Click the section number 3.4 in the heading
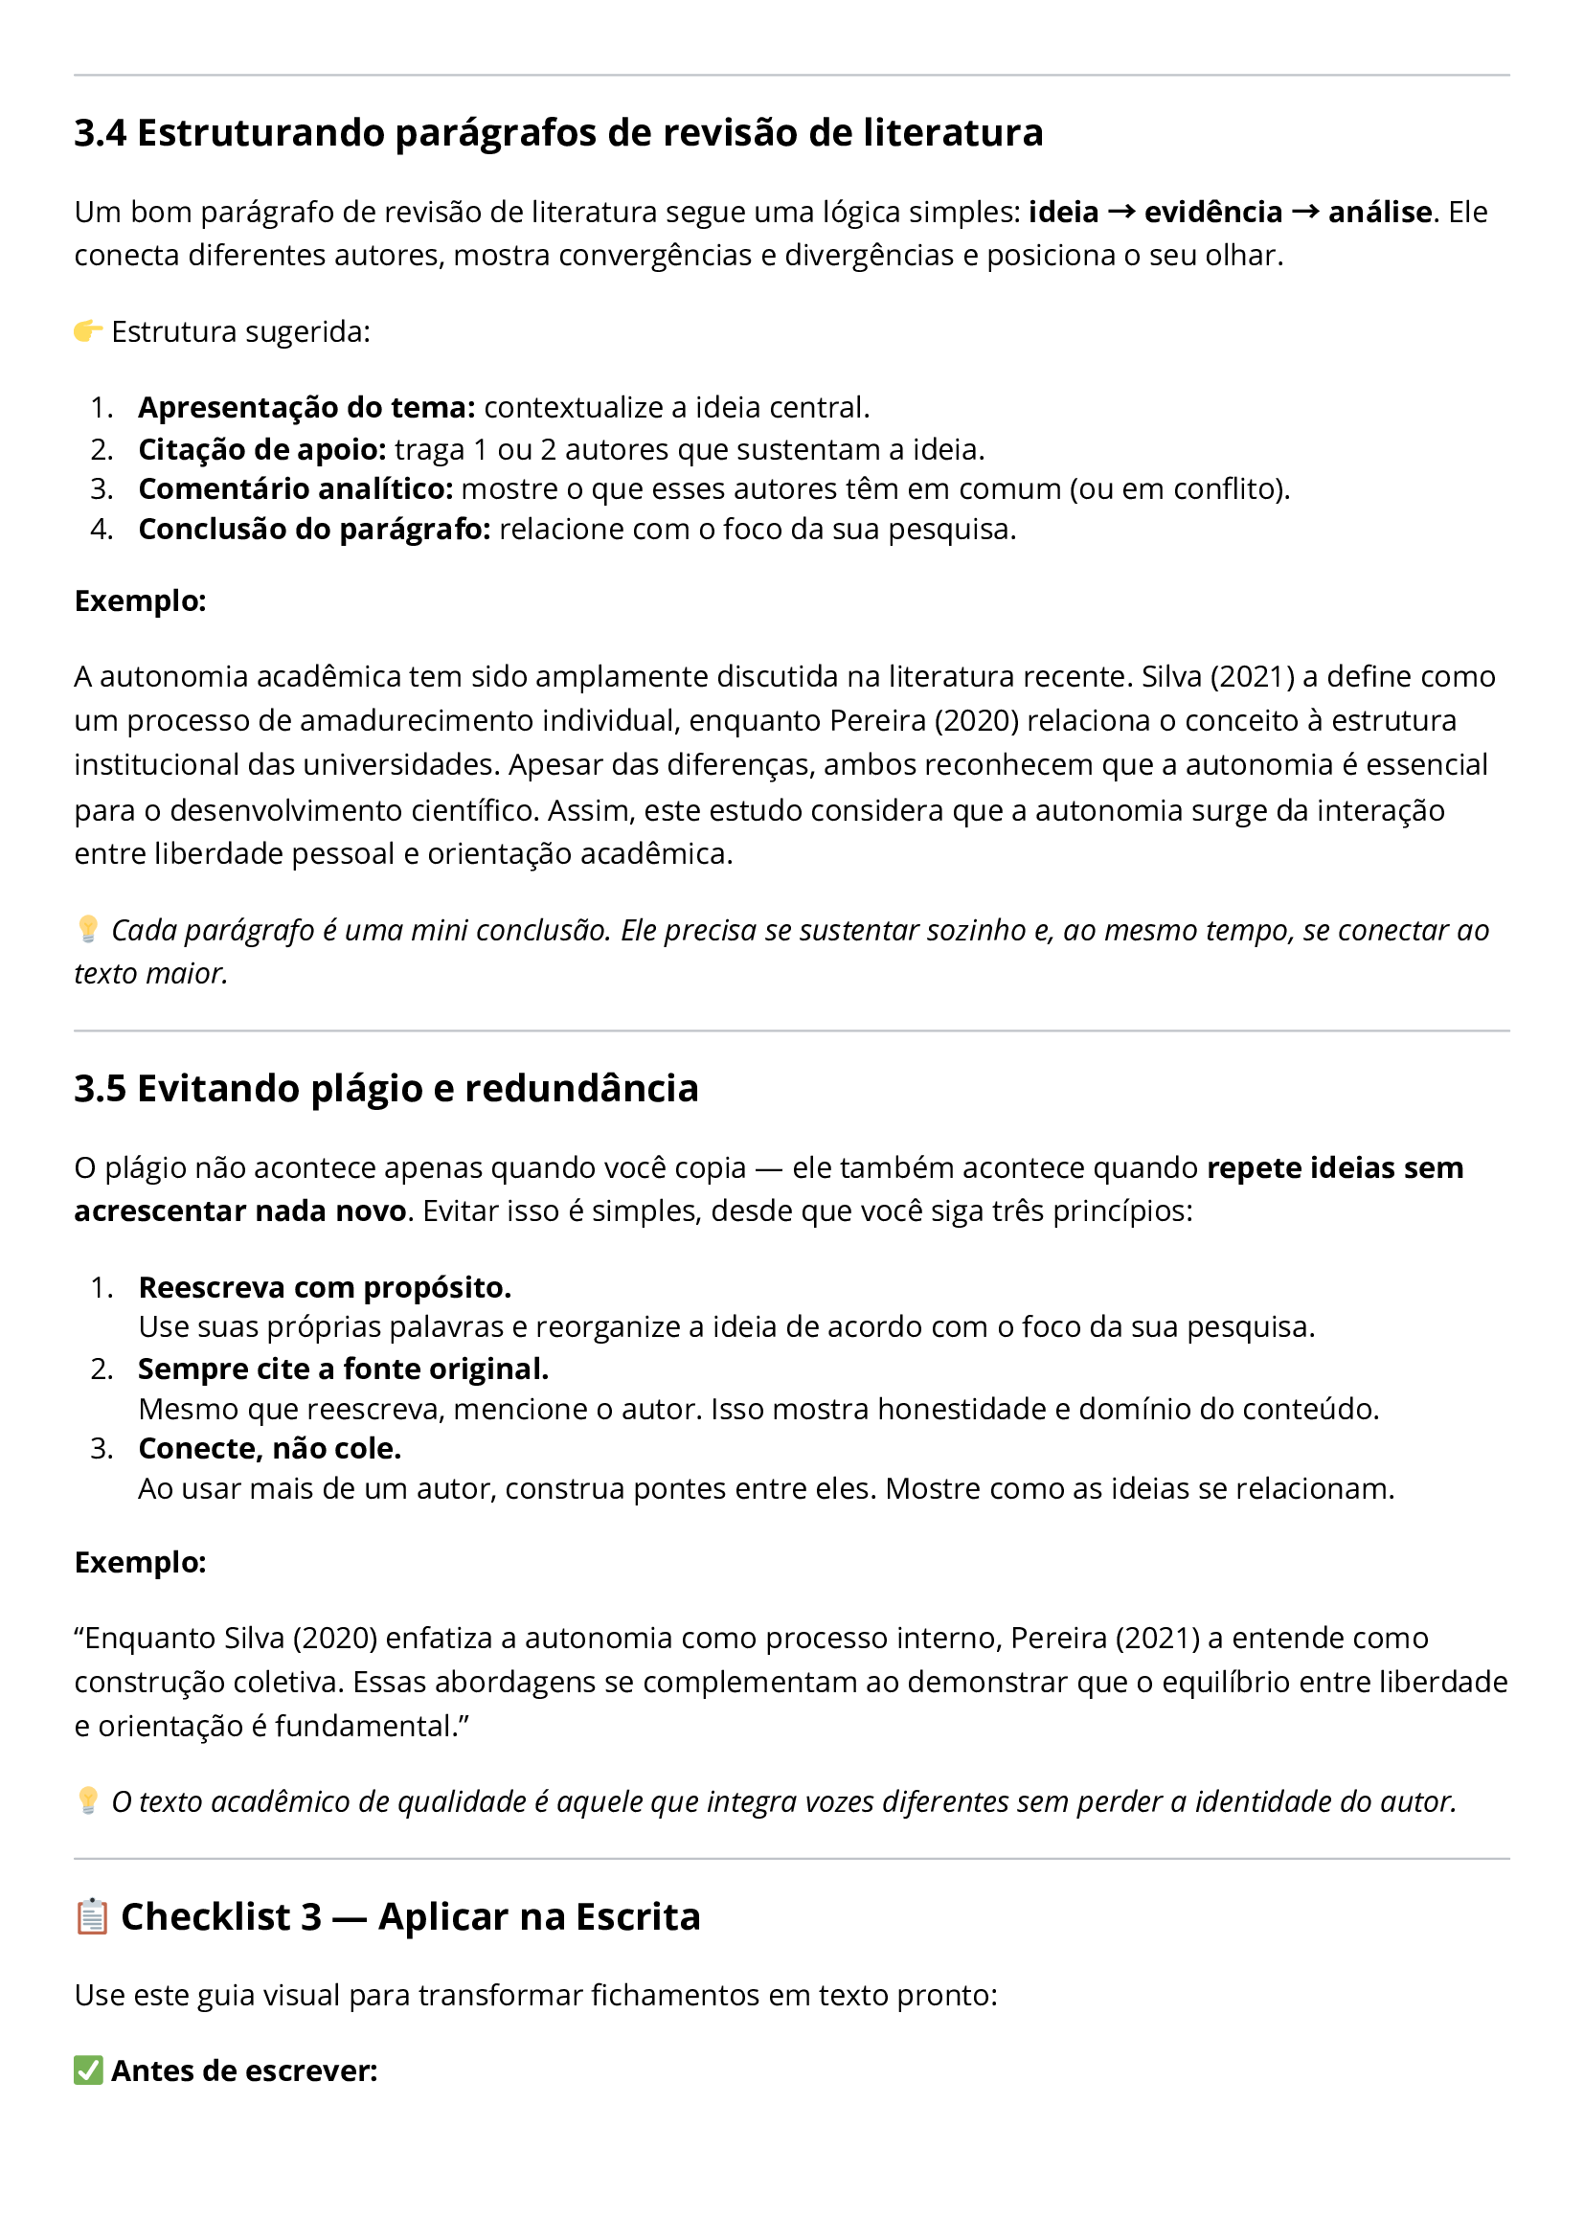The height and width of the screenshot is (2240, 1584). [100, 133]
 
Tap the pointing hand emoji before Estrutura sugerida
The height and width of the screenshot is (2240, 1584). [88, 331]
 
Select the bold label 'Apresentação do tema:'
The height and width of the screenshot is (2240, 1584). [306, 408]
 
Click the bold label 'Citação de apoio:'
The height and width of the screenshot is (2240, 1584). [261, 450]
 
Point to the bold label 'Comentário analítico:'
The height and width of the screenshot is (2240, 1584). [296, 488]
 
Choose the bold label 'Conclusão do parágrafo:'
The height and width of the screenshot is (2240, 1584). [314, 530]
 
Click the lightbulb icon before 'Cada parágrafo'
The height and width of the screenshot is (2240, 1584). [88, 929]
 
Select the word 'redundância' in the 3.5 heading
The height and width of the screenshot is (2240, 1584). [581, 1089]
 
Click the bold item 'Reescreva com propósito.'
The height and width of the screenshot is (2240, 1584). [325, 1288]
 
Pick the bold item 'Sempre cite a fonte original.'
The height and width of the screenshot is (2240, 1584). [344, 1369]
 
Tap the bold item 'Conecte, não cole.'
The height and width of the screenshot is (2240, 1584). [270, 1449]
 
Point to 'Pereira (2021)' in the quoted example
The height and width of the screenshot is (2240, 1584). [1105, 1638]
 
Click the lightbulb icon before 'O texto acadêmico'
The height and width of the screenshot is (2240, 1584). [88, 1800]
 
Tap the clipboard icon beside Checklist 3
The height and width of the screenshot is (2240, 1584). [92, 1917]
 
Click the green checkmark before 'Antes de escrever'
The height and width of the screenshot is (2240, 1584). [89, 2070]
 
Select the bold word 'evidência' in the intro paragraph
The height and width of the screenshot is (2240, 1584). [1213, 213]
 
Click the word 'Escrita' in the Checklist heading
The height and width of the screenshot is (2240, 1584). [638, 1917]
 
